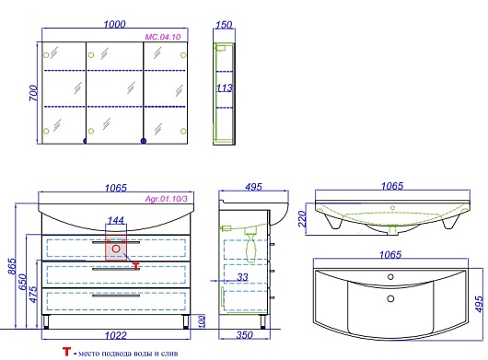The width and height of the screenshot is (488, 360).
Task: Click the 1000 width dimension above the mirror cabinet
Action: click(114, 24)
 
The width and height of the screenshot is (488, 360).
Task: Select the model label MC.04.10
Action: click(162, 37)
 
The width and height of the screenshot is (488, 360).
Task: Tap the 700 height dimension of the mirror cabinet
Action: click(34, 93)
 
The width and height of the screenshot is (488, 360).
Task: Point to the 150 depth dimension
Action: click(224, 25)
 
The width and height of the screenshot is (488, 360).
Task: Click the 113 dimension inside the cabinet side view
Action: click(225, 88)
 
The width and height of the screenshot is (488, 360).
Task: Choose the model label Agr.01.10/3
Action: click(167, 199)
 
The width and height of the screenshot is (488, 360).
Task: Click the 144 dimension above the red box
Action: click(116, 220)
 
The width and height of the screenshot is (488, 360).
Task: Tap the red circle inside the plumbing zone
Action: click(116, 249)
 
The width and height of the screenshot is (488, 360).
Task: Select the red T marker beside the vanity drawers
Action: click(136, 266)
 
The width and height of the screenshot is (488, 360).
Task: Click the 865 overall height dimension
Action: click(12, 266)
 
